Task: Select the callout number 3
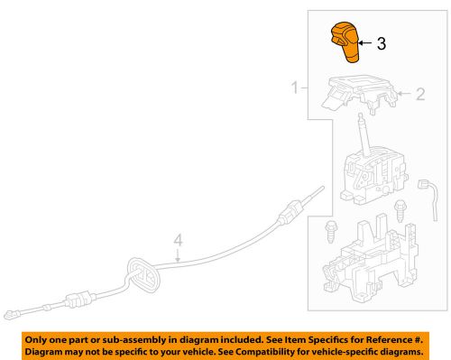[x=382, y=43]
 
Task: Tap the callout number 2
[x=420, y=94]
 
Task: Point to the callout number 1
[x=295, y=88]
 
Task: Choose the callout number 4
[x=178, y=241]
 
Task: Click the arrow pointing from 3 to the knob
[x=365, y=43]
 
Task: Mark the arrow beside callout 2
[x=404, y=94]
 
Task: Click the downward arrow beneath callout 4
[x=178, y=255]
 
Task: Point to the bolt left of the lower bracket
[x=330, y=232]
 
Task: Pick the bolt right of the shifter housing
[x=400, y=211]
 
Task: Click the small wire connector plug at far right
[x=423, y=184]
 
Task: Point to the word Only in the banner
[x=35, y=340]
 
